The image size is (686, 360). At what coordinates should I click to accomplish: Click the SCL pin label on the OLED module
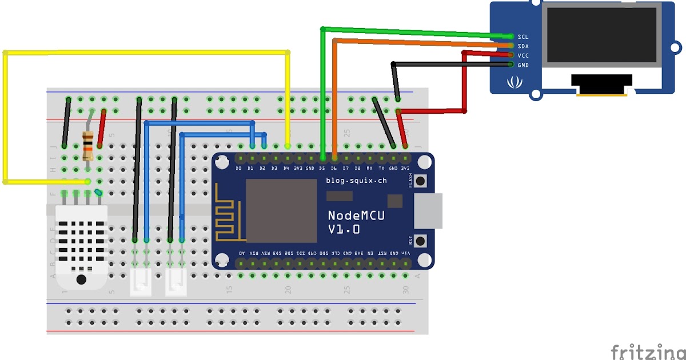click(523, 36)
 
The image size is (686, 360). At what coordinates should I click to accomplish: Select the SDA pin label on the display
click(523, 46)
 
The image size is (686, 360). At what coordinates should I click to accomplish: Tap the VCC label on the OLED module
click(523, 55)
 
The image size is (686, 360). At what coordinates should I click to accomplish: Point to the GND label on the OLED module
click(523, 65)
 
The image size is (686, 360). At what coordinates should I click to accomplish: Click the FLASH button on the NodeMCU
click(421, 181)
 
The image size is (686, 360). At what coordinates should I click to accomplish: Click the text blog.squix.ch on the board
click(356, 181)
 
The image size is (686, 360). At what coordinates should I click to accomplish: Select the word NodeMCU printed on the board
click(356, 215)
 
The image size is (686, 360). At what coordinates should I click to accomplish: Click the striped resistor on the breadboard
click(88, 146)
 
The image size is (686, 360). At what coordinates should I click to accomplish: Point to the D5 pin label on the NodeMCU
click(322, 169)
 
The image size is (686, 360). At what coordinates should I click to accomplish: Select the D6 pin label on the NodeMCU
click(334, 169)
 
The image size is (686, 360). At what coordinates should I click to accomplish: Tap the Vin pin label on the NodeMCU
click(405, 253)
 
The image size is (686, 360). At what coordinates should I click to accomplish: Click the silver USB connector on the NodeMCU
click(428, 210)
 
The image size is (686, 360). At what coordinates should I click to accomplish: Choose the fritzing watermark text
click(648, 351)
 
